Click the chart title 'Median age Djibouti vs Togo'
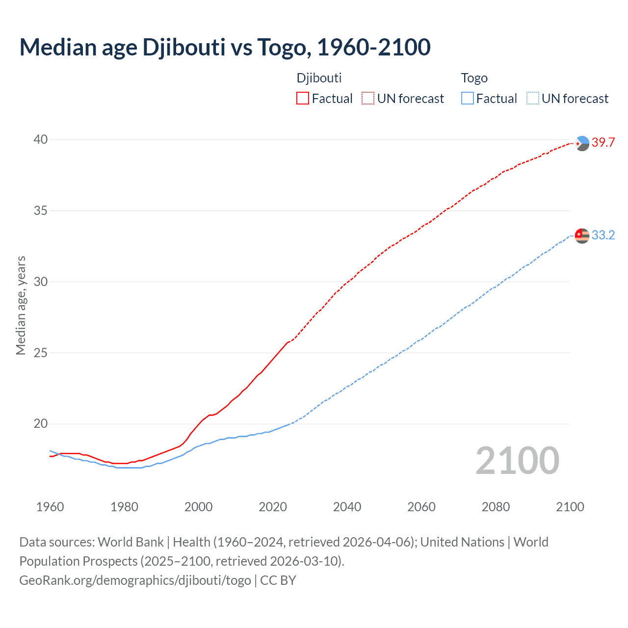225,47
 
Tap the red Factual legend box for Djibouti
303,99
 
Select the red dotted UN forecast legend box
368,99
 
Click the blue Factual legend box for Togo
468,99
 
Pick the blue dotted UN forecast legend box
532,99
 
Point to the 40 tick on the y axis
41,140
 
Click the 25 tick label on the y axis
41,353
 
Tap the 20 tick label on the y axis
41,424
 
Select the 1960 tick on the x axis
50,507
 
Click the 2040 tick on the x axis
347,507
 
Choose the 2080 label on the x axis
496,507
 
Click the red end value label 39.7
603,143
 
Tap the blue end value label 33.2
603,235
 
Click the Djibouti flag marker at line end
582,143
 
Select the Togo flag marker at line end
582,236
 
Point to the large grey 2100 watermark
517,461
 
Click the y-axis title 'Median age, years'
21,305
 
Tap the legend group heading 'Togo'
474,78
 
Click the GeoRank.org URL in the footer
135,580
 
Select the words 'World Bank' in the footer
131,542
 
